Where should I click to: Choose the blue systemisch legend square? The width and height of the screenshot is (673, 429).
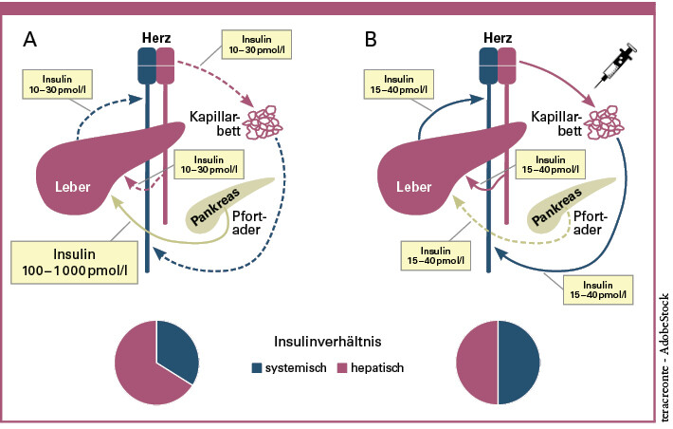click(x=257, y=366)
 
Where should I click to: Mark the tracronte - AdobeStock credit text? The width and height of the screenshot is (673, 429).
click(x=663, y=352)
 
